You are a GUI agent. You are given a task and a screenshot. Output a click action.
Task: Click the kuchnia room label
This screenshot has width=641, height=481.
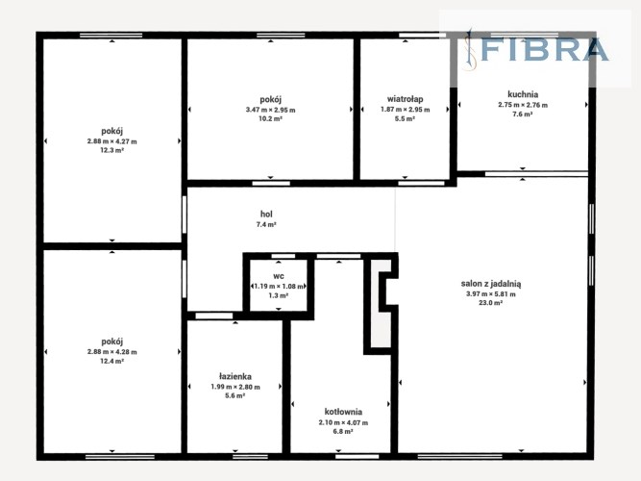click(x=523, y=94)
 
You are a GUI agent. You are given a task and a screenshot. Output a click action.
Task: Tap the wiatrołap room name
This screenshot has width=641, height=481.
click(x=406, y=99)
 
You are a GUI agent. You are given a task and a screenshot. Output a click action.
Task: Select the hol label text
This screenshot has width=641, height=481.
click(x=266, y=214)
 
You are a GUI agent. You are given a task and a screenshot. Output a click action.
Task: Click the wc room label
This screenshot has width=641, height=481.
click(x=279, y=276)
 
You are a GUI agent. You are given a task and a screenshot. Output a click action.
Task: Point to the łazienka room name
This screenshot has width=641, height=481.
click(x=235, y=376)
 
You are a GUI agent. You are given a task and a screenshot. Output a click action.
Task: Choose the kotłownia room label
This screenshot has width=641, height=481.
click(x=343, y=412)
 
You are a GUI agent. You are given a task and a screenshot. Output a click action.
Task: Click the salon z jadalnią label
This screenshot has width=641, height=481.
click(x=491, y=284)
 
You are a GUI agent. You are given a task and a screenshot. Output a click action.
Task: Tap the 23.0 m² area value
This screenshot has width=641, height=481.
click(x=490, y=303)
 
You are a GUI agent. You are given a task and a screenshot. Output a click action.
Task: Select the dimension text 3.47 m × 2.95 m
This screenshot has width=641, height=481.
click(x=271, y=110)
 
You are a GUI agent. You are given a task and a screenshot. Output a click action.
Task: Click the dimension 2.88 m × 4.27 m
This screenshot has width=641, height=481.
click(x=112, y=141)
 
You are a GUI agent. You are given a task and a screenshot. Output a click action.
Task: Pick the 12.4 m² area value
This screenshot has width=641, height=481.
click(x=112, y=361)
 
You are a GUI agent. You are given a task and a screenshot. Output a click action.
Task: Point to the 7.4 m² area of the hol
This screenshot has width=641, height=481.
click(x=266, y=224)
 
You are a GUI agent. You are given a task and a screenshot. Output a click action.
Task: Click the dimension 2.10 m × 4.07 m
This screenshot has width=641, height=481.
click(x=343, y=422)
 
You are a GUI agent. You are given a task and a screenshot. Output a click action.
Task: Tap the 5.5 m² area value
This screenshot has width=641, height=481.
click(x=405, y=118)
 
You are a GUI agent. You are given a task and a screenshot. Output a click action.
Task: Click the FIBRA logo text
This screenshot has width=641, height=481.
click(x=544, y=49)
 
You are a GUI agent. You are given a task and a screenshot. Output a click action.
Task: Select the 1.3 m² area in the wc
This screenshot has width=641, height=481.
click(x=279, y=295)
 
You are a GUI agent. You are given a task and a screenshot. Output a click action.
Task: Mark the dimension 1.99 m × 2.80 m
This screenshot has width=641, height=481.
click(x=235, y=387)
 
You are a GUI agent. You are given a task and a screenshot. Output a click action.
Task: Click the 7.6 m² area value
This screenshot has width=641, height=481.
click(x=523, y=114)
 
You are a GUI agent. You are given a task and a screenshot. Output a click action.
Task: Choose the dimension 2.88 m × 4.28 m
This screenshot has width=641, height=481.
click(x=112, y=352)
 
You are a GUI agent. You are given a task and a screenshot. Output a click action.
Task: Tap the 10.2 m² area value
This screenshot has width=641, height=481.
click(x=271, y=118)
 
